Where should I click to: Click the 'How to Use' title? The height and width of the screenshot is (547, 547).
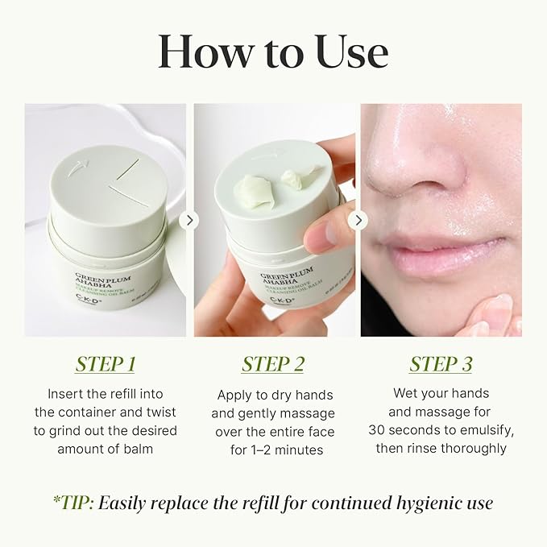coord(273,51)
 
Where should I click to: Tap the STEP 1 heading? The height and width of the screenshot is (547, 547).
coord(105,364)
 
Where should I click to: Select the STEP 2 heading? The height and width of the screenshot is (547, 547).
coord(273,364)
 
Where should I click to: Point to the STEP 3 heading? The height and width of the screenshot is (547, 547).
coord(441,364)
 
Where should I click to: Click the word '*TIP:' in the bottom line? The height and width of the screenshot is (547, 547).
coord(73,503)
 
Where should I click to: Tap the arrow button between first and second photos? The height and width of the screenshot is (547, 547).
coord(189,220)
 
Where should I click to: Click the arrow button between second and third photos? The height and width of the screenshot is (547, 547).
coord(358,220)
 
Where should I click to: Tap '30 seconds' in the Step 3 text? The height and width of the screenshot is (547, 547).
coord(405,430)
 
